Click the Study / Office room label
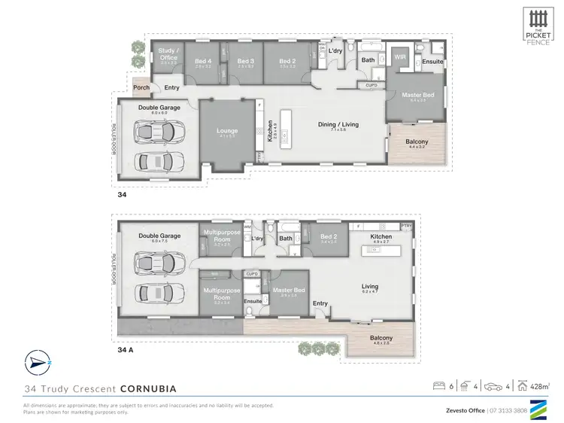tap(168, 54)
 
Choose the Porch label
tap(141, 87)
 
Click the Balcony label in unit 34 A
tap(381, 338)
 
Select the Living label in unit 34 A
tap(368, 286)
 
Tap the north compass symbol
tap(34, 361)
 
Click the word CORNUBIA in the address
tap(147, 389)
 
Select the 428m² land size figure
tap(539, 387)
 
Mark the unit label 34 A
tap(126, 349)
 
